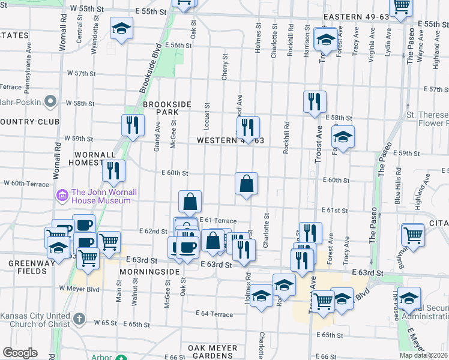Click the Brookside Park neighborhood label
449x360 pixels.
(166, 108)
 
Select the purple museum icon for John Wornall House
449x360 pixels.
(62, 196)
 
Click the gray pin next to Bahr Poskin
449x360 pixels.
(50, 101)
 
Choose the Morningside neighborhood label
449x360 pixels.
(149, 272)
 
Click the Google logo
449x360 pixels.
(20, 353)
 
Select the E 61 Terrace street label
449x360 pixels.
(218, 221)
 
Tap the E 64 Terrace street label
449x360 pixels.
(214, 314)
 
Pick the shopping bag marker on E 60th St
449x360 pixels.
(247, 184)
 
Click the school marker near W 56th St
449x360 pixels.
(121, 28)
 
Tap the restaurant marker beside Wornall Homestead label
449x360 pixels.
(113, 170)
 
